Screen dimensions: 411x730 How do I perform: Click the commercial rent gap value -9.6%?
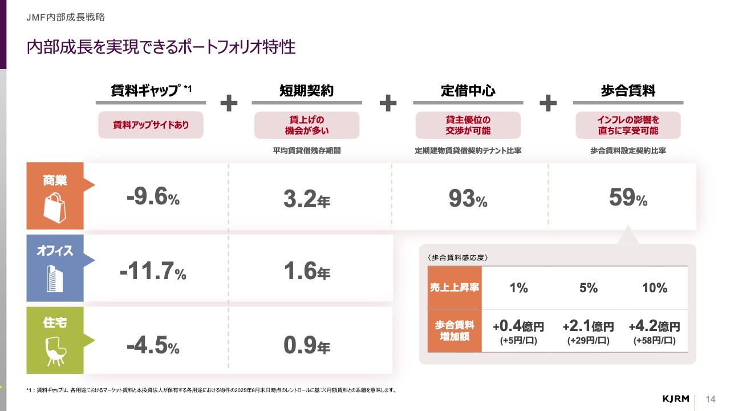click(153, 198)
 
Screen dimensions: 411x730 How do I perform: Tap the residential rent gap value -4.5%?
click(153, 345)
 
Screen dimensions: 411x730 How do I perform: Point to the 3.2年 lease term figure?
click(307, 199)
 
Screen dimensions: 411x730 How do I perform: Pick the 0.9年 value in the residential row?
click(307, 345)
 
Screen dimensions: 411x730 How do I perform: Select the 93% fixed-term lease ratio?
click(468, 199)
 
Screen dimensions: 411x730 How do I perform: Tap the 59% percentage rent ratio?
click(628, 198)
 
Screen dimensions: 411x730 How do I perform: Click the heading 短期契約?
click(306, 91)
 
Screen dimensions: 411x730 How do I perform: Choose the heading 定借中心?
click(468, 91)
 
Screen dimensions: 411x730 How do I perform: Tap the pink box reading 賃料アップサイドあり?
click(151, 124)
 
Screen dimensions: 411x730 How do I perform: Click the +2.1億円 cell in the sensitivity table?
click(588, 327)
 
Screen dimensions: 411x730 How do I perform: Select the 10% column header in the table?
click(654, 288)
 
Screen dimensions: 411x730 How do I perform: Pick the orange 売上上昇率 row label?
click(455, 288)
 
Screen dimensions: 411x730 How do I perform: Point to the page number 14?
click(710, 398)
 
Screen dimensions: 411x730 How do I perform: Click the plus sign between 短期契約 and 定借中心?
click(388, 103)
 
